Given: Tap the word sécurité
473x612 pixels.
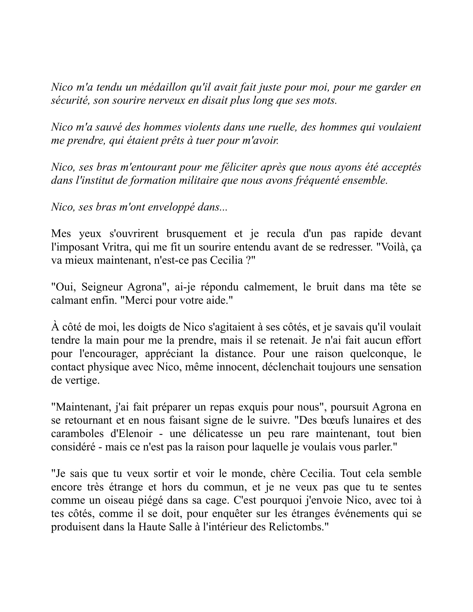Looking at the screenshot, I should point(70,101).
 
